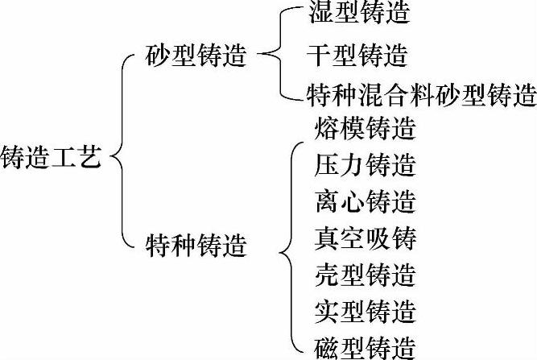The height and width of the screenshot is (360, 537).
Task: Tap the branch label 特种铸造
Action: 196,243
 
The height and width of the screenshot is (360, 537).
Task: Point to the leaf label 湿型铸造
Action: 359,14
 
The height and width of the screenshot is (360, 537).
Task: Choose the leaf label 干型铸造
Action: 359,56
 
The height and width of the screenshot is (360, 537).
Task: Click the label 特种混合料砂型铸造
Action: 422,97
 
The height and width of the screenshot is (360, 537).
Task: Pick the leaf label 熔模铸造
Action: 366,129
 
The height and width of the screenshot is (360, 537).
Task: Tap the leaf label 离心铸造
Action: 366,201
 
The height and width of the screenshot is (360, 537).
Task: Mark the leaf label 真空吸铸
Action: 366,238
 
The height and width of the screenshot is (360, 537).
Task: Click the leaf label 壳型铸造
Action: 366,275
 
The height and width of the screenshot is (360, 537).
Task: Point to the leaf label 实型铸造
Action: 366,311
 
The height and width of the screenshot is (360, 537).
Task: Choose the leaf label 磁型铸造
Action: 366,347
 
